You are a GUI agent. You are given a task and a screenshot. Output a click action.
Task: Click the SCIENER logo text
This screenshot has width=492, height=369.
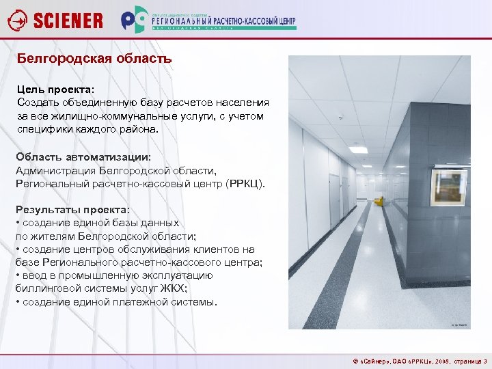[68, 20]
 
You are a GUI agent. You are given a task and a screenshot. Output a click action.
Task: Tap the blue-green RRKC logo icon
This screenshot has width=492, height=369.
[135, 20]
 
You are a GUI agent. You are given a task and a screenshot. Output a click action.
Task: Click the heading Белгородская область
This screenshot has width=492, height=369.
[94, 59]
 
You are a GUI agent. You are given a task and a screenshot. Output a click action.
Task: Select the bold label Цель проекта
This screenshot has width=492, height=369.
[55, 90]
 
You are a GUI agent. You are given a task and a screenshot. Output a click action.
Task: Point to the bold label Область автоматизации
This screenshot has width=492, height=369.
[83, 157]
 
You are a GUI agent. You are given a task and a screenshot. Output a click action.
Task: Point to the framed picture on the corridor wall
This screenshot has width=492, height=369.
[448, 188]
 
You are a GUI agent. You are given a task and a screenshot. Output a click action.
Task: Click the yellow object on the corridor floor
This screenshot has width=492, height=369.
[379, 200]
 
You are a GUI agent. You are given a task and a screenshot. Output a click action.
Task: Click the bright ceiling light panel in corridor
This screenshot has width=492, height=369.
[358, 150]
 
